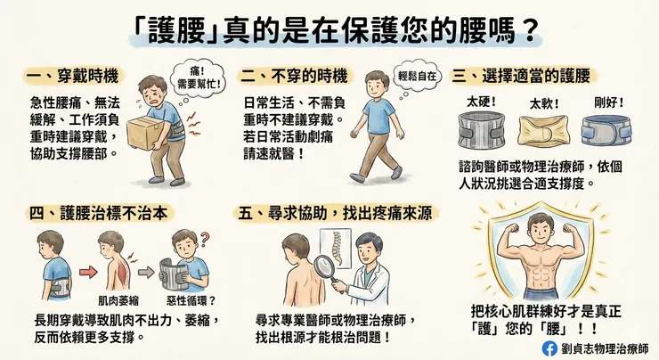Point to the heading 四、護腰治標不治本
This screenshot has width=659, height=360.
coord(97,213)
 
